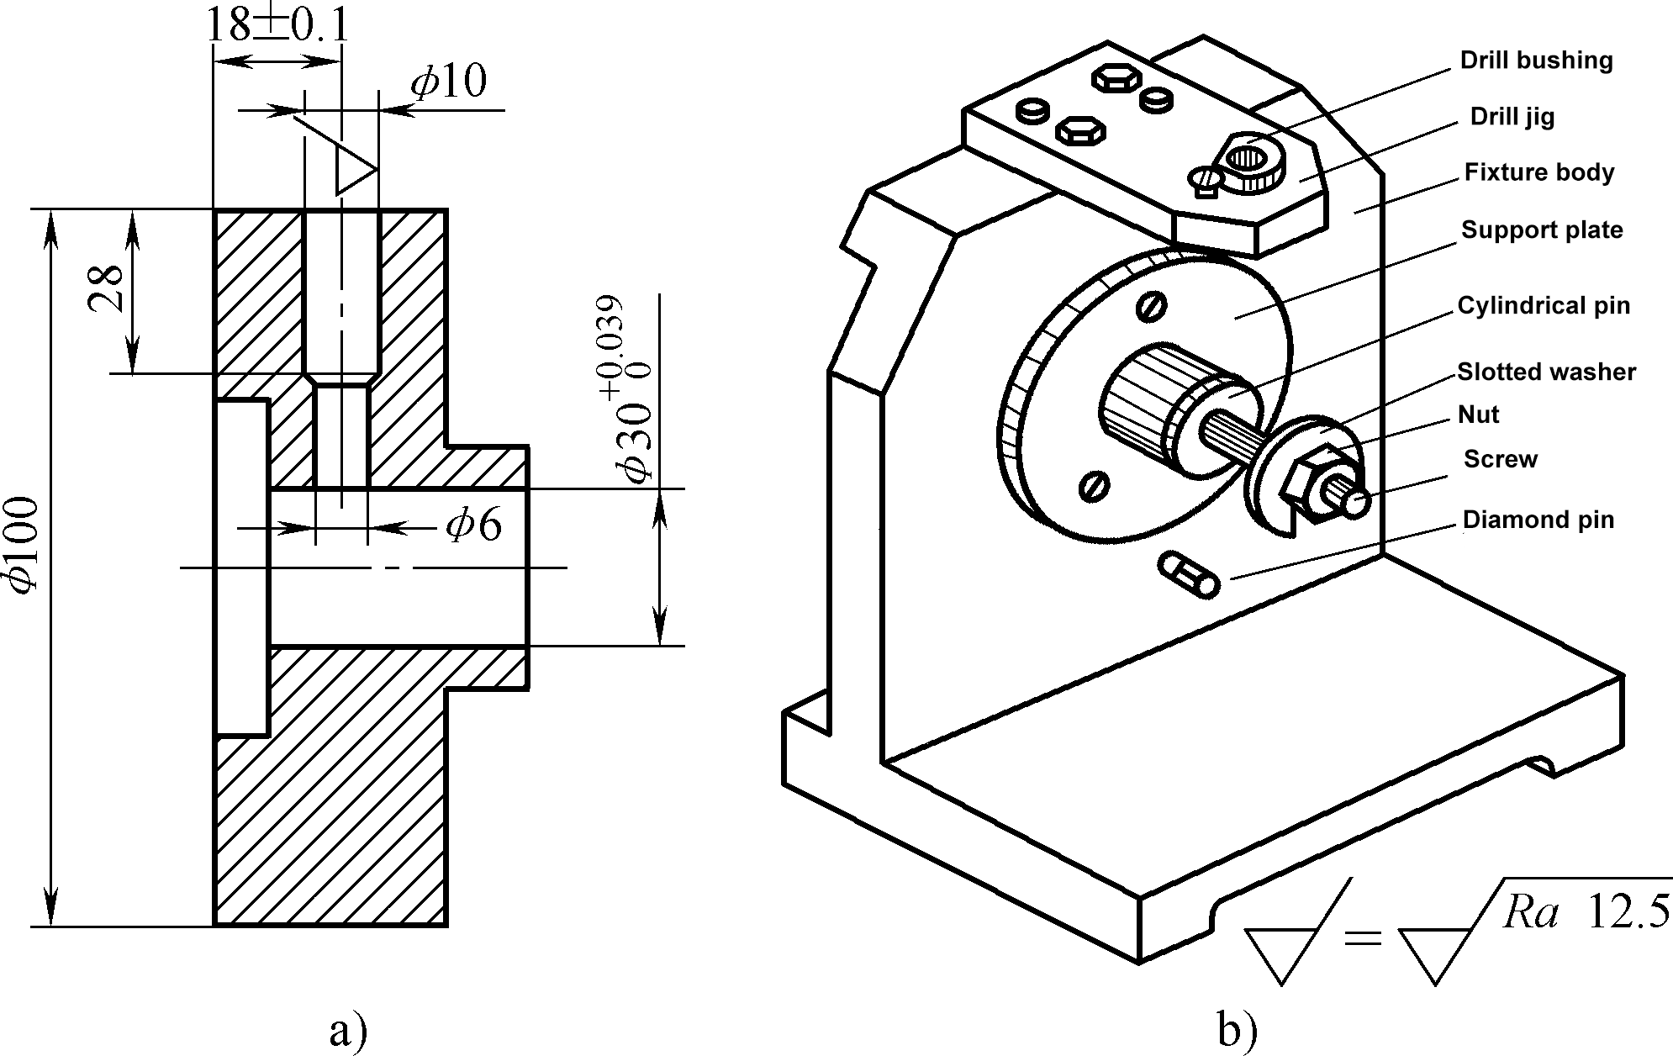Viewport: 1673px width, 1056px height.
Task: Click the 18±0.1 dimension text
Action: [277, 25]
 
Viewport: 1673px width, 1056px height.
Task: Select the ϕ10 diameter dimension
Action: [448, 82]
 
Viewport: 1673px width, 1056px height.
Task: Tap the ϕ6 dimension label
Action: [474, 526]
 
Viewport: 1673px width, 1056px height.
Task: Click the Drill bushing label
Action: [1536, 61]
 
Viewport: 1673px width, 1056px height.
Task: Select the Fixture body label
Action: [1538, 172]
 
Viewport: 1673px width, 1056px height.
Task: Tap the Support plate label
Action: [1541, 230]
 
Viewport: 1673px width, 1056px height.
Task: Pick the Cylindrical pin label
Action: [1543, 305]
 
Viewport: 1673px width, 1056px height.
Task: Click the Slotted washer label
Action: [1545, 372]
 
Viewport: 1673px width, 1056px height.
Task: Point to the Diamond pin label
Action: [1538, 520]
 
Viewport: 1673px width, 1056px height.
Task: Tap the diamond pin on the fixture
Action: [1189, 575]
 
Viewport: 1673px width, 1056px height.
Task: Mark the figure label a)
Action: [348, 1031]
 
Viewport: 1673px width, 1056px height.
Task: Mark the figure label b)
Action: [1236, 1031]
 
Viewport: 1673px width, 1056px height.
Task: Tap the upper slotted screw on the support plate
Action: [1151, 307]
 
